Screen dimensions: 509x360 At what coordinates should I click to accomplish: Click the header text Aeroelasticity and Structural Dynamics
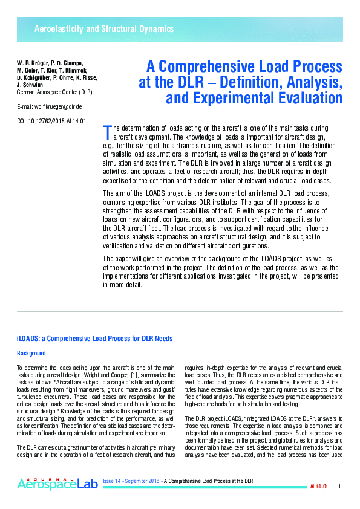104,29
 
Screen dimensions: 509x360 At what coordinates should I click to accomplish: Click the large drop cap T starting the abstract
108,131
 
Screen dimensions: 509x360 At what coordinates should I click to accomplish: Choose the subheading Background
31,353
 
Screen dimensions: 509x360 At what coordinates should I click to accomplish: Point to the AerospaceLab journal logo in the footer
56,484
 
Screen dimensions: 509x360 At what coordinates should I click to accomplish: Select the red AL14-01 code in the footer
318,487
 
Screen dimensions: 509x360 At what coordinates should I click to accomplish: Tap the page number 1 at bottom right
339,487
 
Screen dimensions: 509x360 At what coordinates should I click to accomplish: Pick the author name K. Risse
84,77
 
